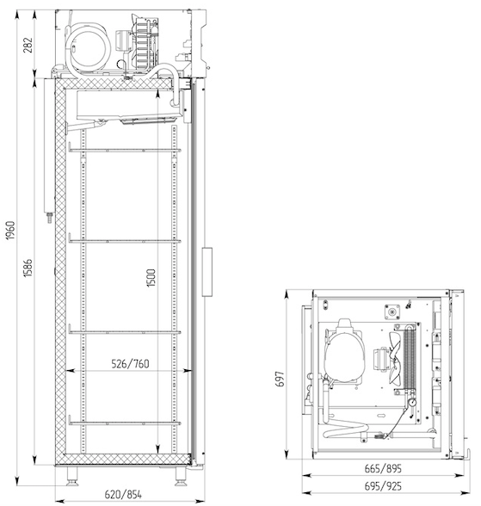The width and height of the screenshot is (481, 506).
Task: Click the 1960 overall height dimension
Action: (10, 230)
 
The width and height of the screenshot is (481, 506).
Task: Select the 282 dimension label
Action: (28, 45)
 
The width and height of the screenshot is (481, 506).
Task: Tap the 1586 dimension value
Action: (28, 268)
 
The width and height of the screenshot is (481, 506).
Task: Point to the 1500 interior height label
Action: (151, 278)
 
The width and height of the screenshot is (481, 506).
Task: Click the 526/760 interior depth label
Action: (130, 364)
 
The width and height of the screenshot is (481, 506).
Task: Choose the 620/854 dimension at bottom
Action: (123, 494)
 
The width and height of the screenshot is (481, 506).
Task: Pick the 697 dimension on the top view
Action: (281, 379)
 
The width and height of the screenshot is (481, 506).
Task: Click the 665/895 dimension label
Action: (383, 468)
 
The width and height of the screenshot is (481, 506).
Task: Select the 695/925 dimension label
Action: (383, 486)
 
